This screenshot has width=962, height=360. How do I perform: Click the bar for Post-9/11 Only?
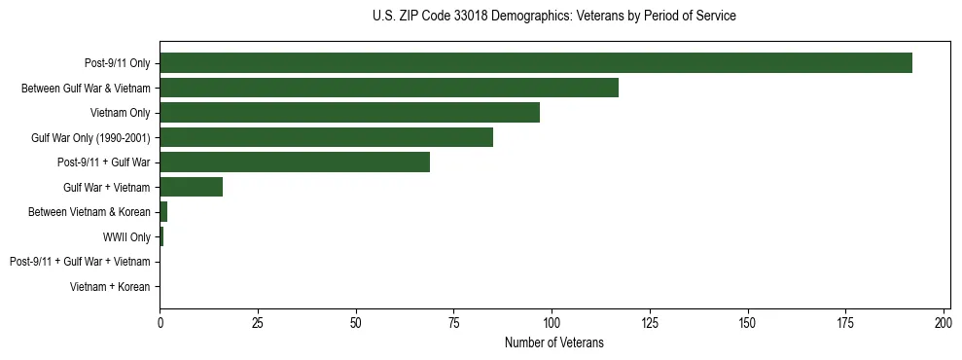(536, 63)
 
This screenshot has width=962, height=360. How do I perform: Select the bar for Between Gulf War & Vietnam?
(389, 89)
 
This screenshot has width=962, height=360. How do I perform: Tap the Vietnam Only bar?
(350, 113)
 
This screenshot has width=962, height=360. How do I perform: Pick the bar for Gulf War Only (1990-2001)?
(327, 137)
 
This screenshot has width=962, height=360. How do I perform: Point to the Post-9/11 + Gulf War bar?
(295, 162)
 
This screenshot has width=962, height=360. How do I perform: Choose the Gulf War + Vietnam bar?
(192, 187)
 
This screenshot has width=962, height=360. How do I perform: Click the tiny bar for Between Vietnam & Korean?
(163, 211)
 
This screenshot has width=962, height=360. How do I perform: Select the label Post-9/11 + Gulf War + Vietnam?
(80, 262)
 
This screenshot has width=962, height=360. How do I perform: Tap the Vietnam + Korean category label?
(110, 287)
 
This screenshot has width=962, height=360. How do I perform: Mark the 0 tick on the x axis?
(160, 322)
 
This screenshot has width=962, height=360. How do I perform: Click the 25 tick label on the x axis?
(258, 322)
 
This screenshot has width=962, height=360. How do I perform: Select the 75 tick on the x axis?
(454, 322)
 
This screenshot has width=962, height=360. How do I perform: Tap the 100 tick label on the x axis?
(552, 322)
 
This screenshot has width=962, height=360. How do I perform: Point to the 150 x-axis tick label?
(748, 322)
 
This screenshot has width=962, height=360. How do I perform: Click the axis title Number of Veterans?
(554, 342)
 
